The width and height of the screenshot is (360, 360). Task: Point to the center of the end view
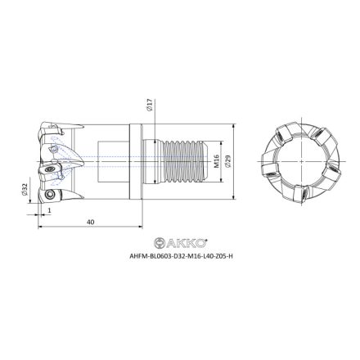292,162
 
